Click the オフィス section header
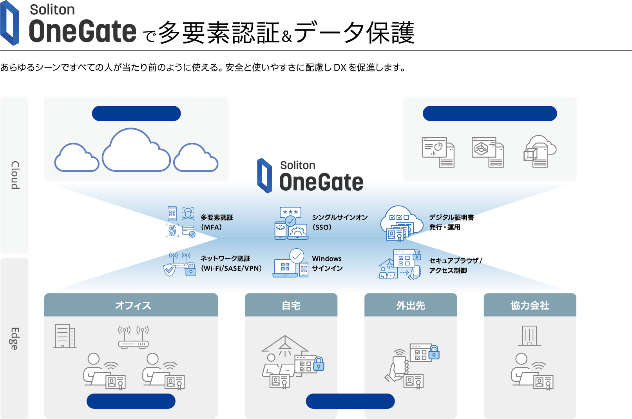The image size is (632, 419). click(133, 305)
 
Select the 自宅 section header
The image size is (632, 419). click(291, 305)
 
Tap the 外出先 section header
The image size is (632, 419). click(411, 305)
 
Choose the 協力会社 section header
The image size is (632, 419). click(530, 305)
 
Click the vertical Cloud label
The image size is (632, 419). click(15, 175)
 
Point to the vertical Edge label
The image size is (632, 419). click(14, 338)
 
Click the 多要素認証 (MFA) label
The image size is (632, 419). click(217, 222)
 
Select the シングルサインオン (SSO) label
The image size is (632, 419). click(339, 222)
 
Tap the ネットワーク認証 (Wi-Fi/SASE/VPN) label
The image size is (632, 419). click(231, 263)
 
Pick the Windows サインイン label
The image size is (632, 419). click(327, 263)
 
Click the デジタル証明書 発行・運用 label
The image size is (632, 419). click(451, 222)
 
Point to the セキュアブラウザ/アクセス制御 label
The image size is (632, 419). click(455, 265)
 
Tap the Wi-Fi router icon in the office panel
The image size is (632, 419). click(134, 337)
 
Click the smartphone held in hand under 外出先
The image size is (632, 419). click(399, 365)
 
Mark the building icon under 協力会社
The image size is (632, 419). click(529, 336)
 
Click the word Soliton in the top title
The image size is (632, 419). click(52, 9)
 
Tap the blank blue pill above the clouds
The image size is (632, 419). click(136, 113)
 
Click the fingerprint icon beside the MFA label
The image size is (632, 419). click(172, 230)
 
